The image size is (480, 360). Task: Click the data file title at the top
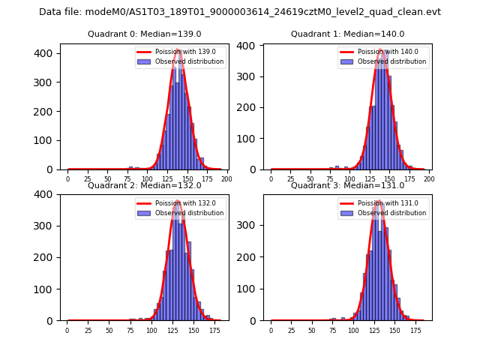[240, 12]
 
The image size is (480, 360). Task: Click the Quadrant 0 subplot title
[144, 34]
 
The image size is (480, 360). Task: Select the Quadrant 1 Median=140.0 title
[347, 34]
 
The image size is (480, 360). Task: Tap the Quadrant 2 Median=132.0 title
[144, 185]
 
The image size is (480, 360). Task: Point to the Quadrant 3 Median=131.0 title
[347, 185]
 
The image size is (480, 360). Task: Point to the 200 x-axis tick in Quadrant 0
[226, 179]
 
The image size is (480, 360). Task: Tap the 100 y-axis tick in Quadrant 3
[251, 289]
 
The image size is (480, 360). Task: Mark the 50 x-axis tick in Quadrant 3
[313, 330]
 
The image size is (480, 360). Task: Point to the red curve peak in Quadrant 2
[178, 201]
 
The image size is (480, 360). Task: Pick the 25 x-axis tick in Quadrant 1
[290, 179]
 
